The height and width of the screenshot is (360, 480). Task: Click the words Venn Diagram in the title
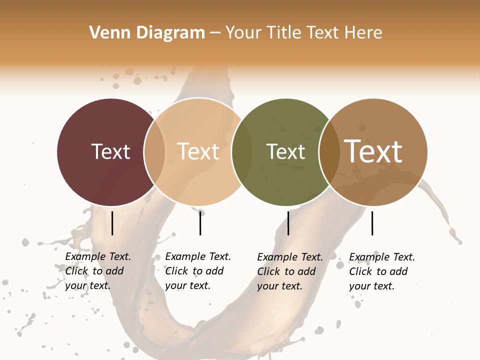coord(147,33)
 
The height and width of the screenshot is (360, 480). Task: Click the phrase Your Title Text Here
coord(303,33)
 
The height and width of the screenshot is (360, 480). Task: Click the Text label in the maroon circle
coord(110,151)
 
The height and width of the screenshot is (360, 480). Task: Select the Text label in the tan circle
coord(198,151)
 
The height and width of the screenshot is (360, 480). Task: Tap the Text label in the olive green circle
coord(285,151)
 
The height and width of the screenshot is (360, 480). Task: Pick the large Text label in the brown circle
coord(373,151)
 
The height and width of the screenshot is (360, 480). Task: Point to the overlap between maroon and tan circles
coord(154,151)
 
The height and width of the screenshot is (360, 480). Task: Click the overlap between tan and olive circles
coord(242,151)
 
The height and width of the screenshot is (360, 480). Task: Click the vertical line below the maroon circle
coord(112,223)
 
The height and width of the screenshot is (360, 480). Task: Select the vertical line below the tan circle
coord(200,223)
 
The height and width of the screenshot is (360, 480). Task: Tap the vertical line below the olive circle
coord(288,223)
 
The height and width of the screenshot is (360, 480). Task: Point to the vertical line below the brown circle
coord(372,223)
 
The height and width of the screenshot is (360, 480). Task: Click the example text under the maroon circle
coord(98,271)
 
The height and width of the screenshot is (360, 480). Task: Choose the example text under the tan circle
coord(198,271)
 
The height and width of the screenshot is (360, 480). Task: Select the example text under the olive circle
coord(290,271)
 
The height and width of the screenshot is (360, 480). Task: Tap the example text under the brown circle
coord(382,271)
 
